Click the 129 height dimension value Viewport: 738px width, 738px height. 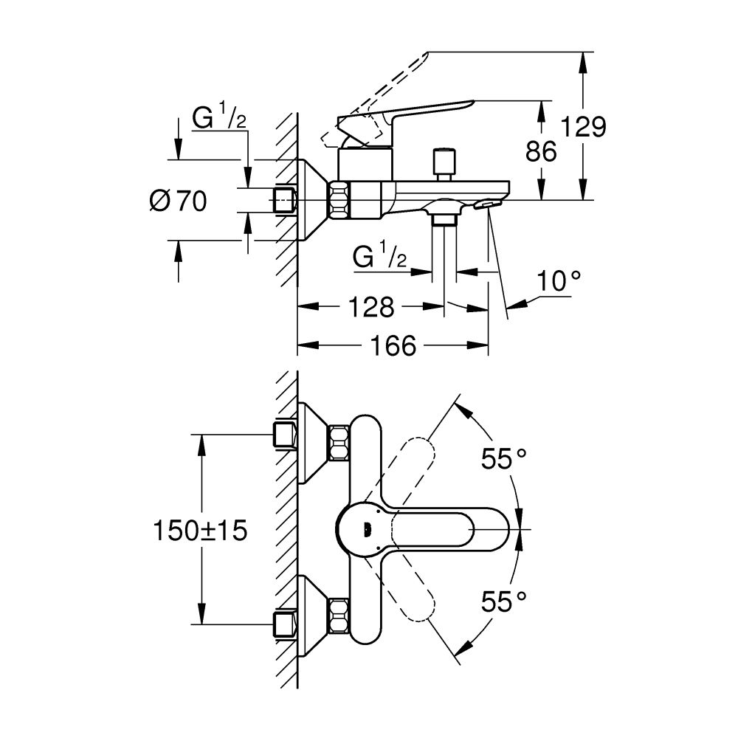point(582,127)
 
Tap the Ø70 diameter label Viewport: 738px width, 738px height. point(178,201)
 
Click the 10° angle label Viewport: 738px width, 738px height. point(558,281)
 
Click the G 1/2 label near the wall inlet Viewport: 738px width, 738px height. point(219,118)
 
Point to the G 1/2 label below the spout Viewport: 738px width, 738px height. point(380,258)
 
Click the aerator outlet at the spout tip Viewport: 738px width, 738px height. point(489,203)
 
